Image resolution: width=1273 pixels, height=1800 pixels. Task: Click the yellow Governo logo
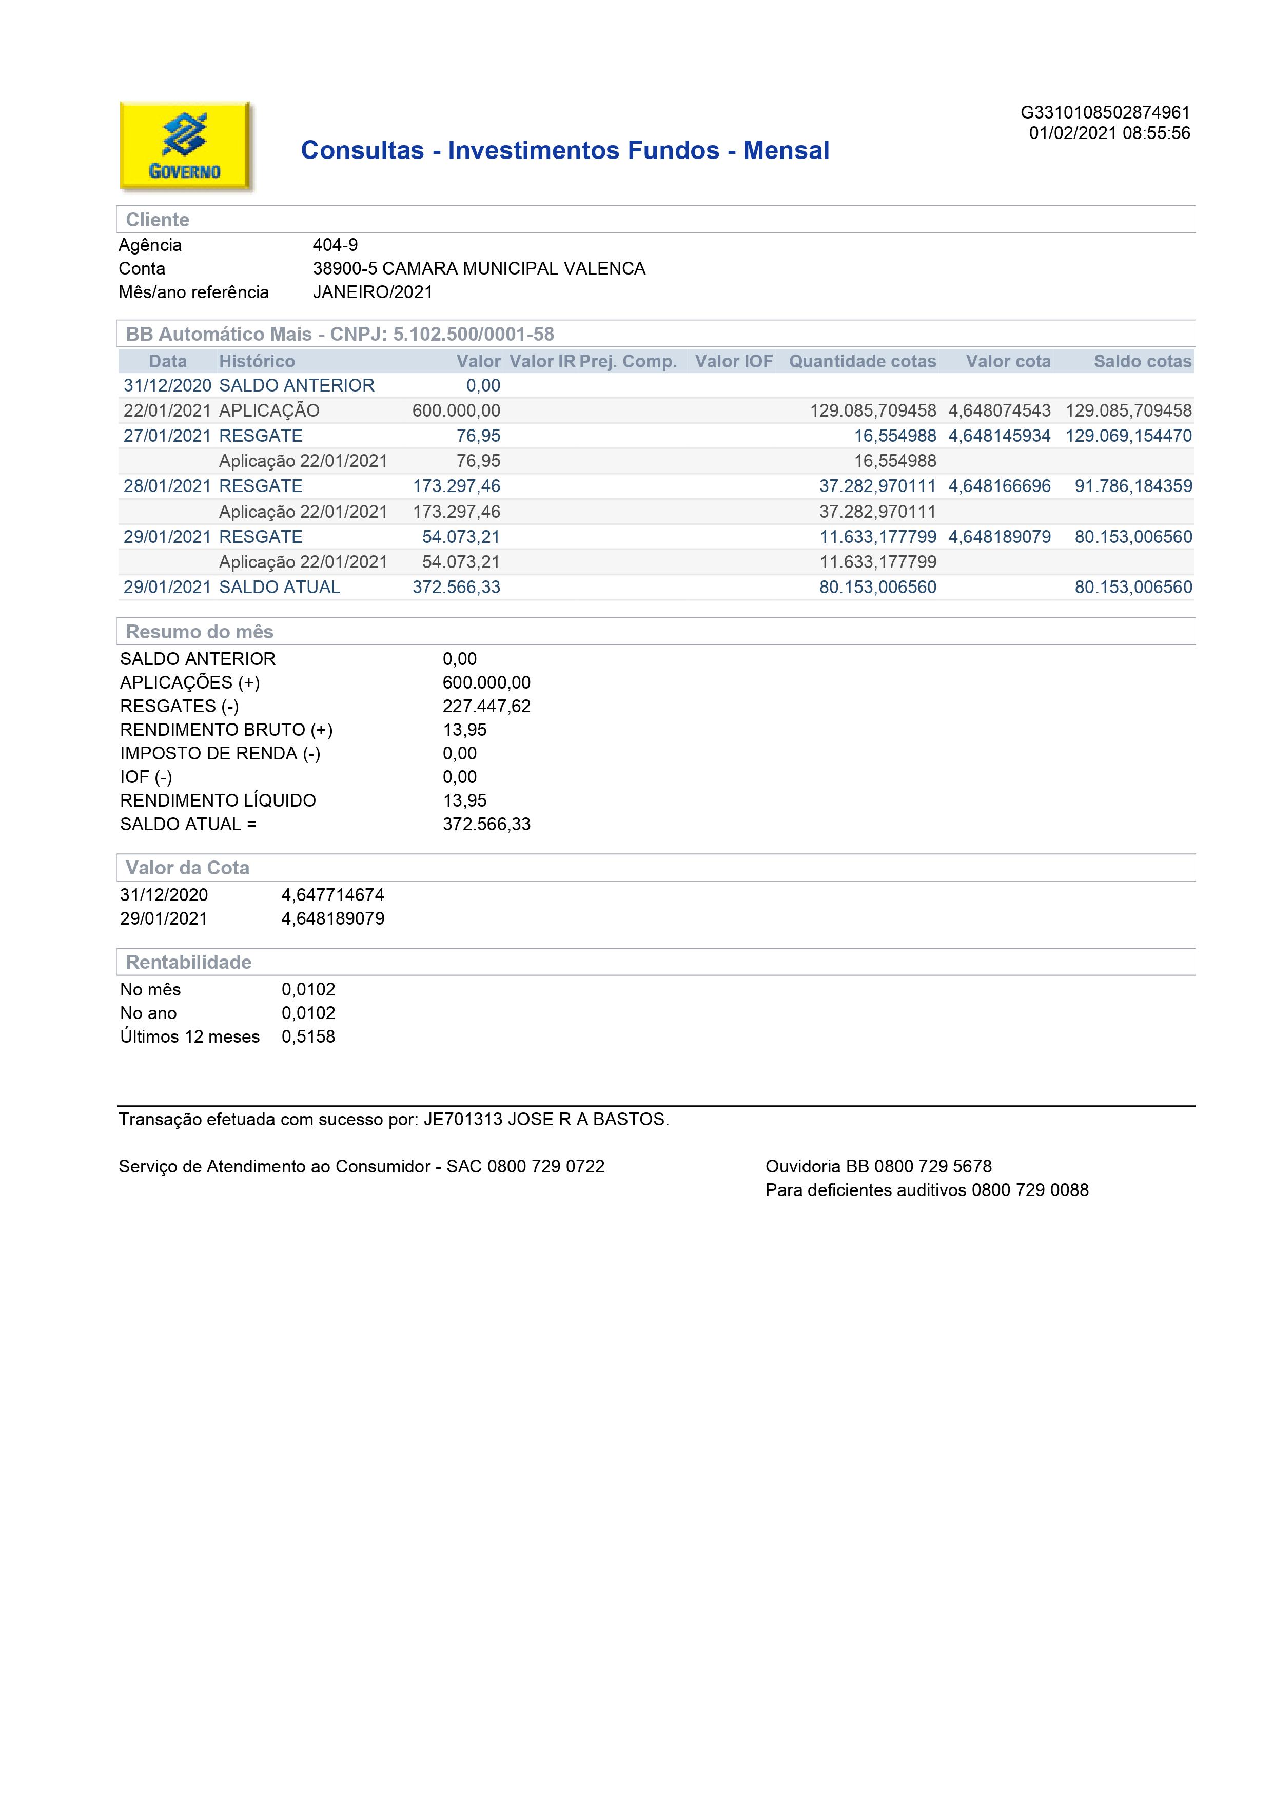point(185,146)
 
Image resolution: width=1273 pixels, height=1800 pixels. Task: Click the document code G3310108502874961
point(1105,113)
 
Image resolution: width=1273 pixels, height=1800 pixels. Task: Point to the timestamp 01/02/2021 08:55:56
point(1109,133)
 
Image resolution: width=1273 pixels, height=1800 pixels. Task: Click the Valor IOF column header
point(734,361)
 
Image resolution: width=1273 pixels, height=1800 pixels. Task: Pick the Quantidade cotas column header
point(862,361)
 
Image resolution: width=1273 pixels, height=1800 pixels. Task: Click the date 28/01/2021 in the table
point(167,486)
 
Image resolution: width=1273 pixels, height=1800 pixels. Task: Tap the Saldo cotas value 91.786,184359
point(1133,486)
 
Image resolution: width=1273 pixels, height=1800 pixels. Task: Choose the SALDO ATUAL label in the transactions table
point(279,587)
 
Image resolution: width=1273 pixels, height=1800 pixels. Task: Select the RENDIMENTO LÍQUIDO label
point(218,800)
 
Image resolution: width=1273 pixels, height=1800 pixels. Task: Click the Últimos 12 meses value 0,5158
point(308,1036)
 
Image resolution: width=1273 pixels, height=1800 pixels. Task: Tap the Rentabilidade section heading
point(188,962)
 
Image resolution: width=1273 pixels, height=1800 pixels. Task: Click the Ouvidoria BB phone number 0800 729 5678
point(933,1166)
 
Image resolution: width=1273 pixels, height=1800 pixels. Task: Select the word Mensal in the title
point(786,150)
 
